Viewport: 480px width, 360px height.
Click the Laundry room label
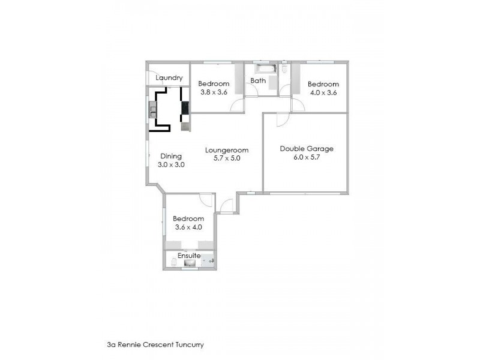pos(169,78)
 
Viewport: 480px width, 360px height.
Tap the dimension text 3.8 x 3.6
pos(214,92)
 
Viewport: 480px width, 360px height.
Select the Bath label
pos(258,80)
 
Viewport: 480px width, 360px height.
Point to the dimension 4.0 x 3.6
pos(324,92)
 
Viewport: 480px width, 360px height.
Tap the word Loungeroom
pos(226,150)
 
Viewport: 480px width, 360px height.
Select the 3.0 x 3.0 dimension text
pos(170,164)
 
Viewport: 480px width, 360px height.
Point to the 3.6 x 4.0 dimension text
pos(188,227)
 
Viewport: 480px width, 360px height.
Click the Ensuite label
pos(188,256)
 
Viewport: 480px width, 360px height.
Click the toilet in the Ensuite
pos(173,262)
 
